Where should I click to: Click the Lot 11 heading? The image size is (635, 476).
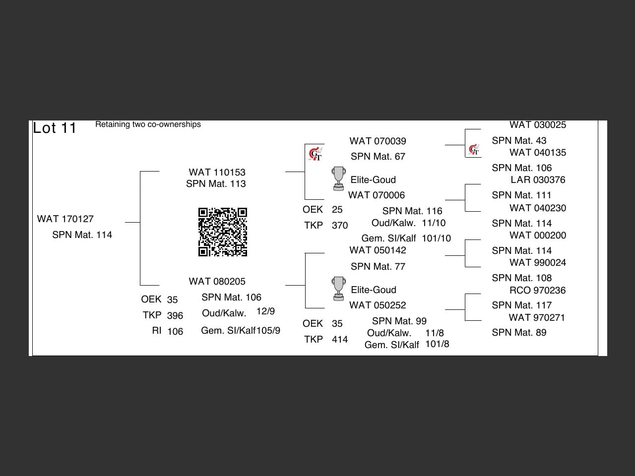pyautogui.click(x=55, y=128)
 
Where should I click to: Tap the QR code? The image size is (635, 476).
pyautogui.click(x=223, y=232)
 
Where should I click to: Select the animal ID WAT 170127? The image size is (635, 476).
pyautogui.click(x=65, y=219)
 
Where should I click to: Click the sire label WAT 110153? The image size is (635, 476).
pyautogui.click(x=217, y=172)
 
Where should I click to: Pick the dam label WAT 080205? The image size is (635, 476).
pyautogui.click(x=217, y=281)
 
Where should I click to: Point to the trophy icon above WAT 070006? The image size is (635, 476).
pyautogui.click(x=338, y=178)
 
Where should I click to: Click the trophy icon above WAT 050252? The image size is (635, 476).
pyautogui.click(x=338, y=289)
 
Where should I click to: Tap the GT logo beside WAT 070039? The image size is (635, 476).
pyautogui.click(x=315, y=154)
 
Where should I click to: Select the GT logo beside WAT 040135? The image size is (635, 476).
pyautogui.click(x=474, y=149)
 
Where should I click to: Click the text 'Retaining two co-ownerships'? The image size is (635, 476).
pyautogui.click(x=148, y=124)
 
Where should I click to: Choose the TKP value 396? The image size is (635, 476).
pyautogui.click(x=175, y=315)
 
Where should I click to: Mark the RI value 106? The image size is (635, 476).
pyautogui.click(x=175, y=331)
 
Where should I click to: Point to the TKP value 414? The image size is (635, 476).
pyautogui.click(x=340, y=339)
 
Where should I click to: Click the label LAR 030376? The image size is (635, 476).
pyautogui.click(x=538, y=179)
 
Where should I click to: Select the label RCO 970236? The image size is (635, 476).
pyautogui.click(x=537, y=290)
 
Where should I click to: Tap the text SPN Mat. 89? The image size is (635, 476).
pyautogui.click(x=519, y=332)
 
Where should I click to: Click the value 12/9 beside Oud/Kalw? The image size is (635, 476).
pyautogui.click(x=265, y=311)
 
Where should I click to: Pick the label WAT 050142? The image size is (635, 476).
pyautogui.click(x=378, y=250)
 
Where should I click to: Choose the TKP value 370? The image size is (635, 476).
pyautogui.click(x=340, y=225)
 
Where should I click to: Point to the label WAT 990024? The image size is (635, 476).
pyautogui.click(x=537, y=262)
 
